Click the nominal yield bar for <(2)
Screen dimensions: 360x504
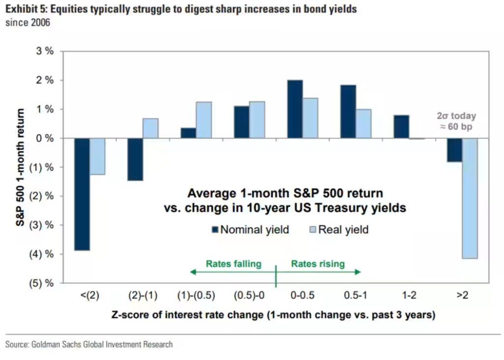pos(82,194)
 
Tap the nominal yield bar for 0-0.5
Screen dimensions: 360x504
pos(295,109)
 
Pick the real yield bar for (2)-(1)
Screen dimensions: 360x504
pos(151,128)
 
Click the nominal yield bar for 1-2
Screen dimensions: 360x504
pos(401,127)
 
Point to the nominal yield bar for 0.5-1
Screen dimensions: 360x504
pos(348,112)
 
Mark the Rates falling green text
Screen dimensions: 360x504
pos(233,264)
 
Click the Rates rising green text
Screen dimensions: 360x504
pos(318,264)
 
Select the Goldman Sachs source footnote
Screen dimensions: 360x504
pos(89,344)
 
